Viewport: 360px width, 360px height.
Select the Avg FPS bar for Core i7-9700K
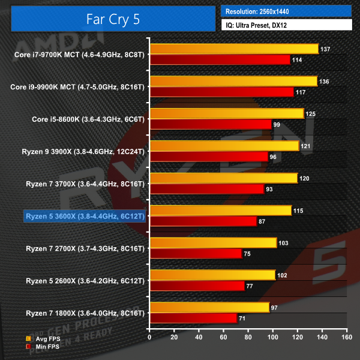click(234, 49)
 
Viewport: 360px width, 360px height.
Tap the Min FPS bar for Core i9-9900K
click(221, 92)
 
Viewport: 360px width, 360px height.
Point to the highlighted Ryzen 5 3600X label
click(85, 215)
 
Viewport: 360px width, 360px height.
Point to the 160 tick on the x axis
click(346, 337)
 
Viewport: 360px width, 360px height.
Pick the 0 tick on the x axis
click(149, 337)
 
